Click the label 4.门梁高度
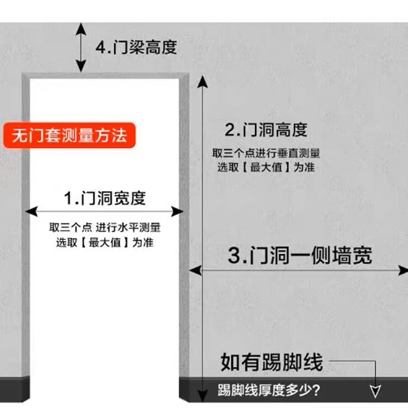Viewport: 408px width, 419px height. coord(137,47)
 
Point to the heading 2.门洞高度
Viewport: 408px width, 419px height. coord(266,130)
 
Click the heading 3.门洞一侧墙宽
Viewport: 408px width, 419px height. coord(300,255)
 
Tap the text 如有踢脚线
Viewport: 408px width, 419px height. coord(271,362)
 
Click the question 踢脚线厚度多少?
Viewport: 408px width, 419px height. coord(269,390)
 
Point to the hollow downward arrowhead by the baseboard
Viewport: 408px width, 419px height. coord(375,390)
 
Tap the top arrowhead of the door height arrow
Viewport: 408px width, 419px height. coord(202,81)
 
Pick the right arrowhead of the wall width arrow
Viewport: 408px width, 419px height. coord(403,270)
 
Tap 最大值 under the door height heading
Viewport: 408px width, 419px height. coord(266,168)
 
